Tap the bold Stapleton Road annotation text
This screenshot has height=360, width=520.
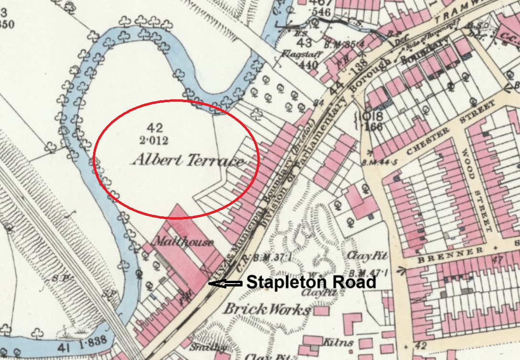pos(311,282)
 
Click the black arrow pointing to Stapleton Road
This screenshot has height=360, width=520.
pos(225,284)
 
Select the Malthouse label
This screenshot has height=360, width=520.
pos(182,242)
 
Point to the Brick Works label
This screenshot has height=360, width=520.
pos(267,310)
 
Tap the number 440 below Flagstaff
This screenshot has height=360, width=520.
pos(297,65)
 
